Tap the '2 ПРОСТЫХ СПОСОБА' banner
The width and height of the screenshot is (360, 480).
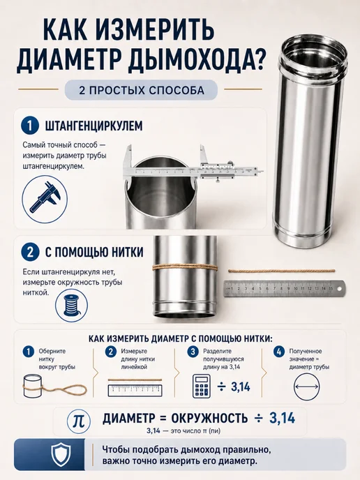click(x=141, y=90)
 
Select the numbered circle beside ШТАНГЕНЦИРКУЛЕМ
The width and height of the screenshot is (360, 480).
click(x=30, y=126)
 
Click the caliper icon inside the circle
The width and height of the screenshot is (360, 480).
click(x=45, y=198)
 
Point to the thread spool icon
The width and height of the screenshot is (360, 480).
click(x=71, y=306)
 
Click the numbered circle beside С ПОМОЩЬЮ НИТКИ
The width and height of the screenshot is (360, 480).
click(x=30, y=252)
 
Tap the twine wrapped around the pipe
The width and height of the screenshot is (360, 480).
click(x=185, y=267)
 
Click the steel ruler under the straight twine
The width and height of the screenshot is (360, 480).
click(x=284, y=289)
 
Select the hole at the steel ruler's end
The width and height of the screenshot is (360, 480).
click(x=339, y=288)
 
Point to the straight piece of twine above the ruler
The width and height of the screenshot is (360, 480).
click(x=282, y=271)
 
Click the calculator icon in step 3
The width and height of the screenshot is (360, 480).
click(x=201, y=386)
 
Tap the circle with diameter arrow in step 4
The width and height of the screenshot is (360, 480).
click(x=306, y=387)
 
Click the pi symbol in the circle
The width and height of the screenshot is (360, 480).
click(x=78, y=420)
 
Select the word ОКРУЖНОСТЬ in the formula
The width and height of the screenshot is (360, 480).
click(x=209, y=418)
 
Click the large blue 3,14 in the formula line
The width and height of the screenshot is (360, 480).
click(x=283, y=418)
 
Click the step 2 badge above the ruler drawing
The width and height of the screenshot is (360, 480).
click(x=111, y=352)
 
